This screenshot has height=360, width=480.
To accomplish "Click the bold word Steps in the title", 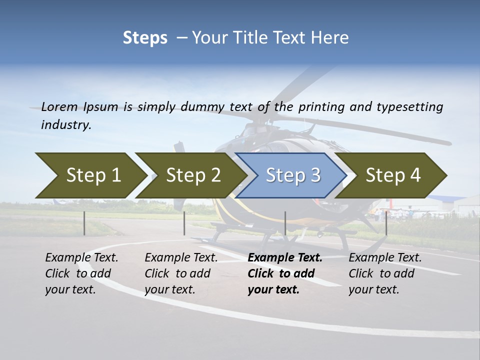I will point(145,38).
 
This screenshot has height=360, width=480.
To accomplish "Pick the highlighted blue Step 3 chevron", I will point(293,175).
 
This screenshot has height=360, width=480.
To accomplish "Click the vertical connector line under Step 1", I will point(84,223).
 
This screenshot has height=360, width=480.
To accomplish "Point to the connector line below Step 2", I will point(184,223).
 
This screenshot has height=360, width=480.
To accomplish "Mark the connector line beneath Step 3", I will point(285,223).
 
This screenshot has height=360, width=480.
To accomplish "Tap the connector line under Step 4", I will point(386,223).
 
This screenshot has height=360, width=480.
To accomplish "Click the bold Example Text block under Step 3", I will point(285,273).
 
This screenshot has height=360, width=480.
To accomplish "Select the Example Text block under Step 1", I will point(81,273).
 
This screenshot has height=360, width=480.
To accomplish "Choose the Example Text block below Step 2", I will point(181,273).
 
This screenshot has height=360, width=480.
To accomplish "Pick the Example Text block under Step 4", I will point(385,273).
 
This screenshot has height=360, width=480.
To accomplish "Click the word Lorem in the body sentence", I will point(59,106).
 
